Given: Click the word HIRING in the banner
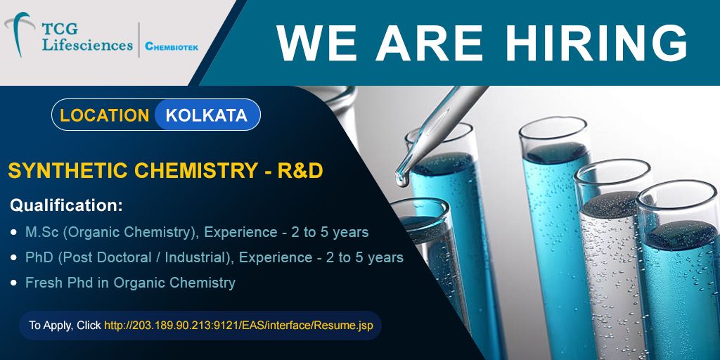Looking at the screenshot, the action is [599, 43].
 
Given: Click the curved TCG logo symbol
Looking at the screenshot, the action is [18, 34].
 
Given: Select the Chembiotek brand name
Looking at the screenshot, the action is [172, 46].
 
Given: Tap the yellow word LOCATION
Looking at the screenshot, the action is [104, 115].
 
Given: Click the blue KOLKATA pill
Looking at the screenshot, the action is [207, 115].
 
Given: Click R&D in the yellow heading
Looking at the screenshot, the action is [300, 171].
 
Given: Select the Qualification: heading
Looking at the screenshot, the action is [67, 205].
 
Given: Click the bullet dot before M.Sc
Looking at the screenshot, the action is [13, 233].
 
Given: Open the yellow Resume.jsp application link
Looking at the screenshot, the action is [239, 326].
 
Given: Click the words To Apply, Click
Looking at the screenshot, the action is [65, 326].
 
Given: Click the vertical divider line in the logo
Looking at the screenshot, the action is [139, 40].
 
